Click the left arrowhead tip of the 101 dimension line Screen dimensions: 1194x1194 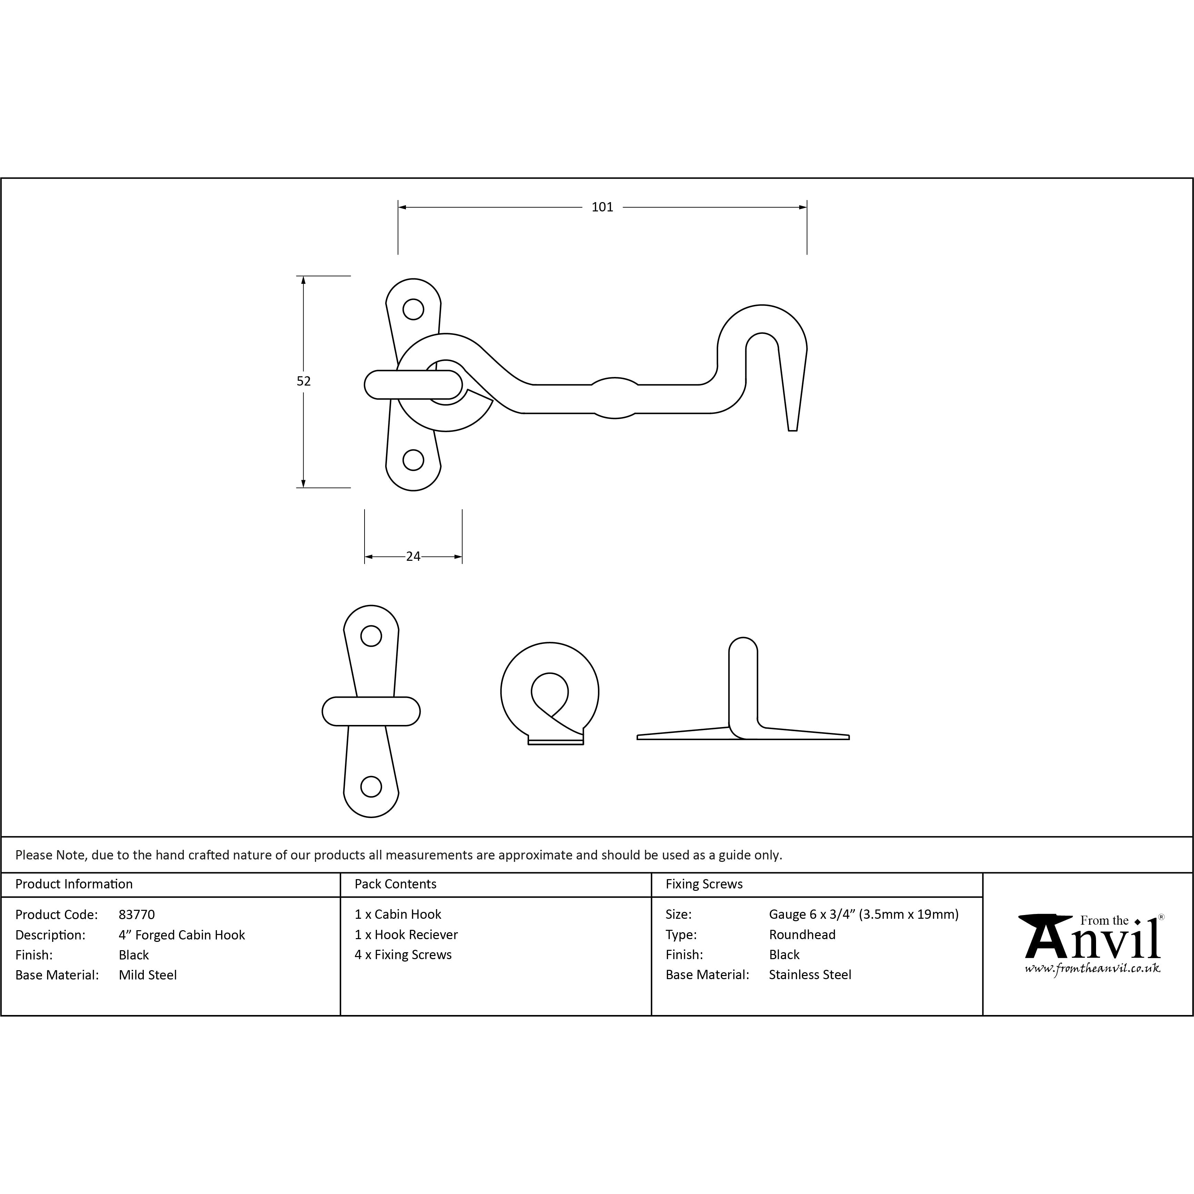tap(399, 207)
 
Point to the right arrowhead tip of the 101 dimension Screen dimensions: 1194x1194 tap(806, 207)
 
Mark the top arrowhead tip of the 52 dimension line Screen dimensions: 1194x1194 tap(304, 276)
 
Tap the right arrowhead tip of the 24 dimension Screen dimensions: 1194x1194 tap(462, 557)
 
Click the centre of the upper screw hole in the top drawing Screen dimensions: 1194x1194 tap(414, 309)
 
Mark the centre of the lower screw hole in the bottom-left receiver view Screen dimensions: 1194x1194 tap(371, 786)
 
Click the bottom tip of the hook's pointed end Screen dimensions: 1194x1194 tap(793, 430)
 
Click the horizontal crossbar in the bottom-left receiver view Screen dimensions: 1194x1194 tap(371, 712)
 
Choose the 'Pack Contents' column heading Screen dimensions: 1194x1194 tap(396, 884)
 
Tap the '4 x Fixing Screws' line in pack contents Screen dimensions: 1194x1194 tap(403, 955)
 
